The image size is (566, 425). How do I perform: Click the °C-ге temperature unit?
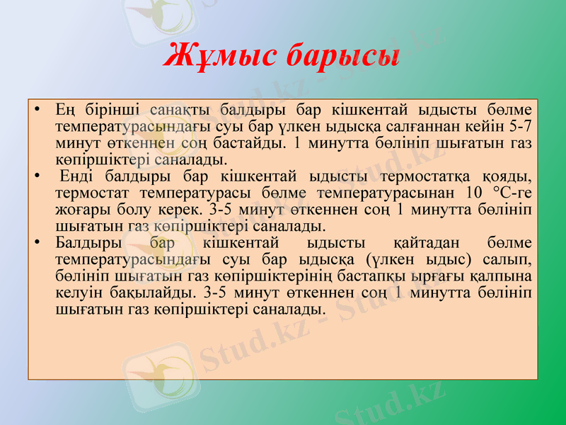pos(509,192)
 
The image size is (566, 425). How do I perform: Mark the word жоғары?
pos(79,209)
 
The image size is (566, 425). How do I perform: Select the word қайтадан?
pos(422,242)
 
